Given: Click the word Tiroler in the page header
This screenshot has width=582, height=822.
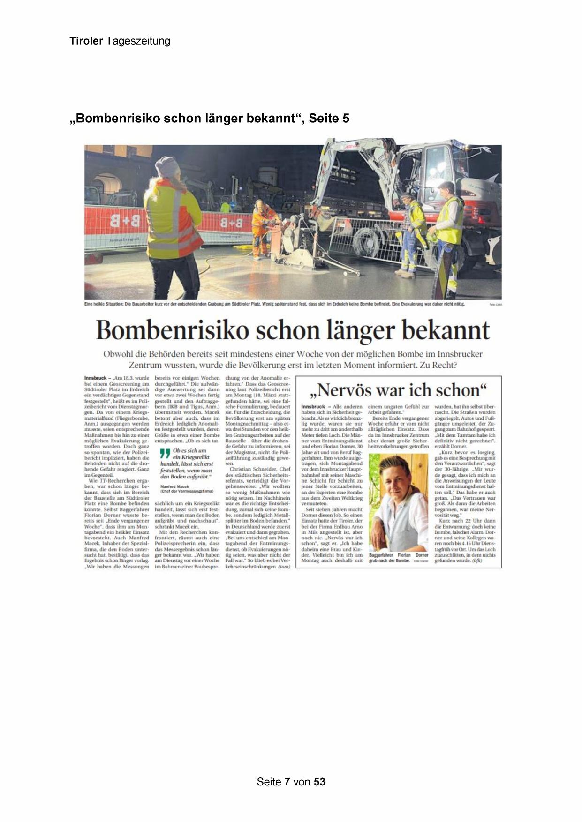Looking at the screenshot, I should coord(86,41).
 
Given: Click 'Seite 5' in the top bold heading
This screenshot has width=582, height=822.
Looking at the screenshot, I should coord(329,119).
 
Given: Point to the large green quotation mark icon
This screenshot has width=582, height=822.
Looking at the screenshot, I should coord(165,453).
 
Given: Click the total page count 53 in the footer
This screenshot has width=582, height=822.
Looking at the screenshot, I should coord(320,782).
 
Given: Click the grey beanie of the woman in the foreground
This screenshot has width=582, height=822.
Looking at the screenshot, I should coord(167,166).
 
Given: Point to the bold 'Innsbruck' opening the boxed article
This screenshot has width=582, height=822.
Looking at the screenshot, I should coord(313,406).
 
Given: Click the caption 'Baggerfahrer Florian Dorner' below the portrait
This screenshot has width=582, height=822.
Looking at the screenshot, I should coord(399,555).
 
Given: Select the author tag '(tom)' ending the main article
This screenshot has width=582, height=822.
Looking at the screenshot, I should coord(284,567).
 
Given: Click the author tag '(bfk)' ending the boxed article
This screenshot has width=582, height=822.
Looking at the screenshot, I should coord(477,560).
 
